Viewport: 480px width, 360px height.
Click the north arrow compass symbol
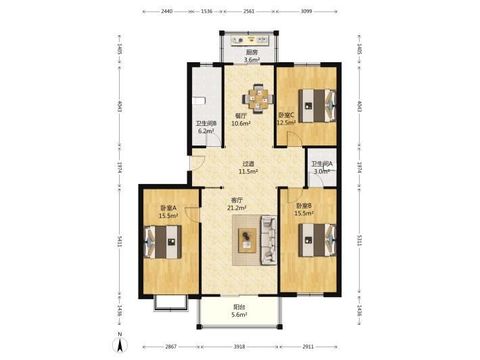point(120,345)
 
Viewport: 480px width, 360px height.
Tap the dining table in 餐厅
point(258,99)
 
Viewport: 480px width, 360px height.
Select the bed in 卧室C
point(317,106)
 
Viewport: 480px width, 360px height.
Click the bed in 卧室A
point(162,242)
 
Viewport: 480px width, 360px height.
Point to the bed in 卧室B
point(317,240)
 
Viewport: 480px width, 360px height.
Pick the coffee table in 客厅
point(247,240)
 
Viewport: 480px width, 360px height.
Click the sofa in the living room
point(269,240)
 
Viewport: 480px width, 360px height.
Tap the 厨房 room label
point(251,52)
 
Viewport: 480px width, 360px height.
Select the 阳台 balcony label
point(239,307)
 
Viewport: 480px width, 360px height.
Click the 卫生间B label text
point(206,123)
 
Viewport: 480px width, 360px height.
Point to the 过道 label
point(248,164)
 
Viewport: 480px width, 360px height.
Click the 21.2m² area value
point(237,208)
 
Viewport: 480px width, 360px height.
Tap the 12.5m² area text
point(286,123)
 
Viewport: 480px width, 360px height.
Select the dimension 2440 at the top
point(166,12)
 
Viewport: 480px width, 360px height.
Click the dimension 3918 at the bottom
point(239,347)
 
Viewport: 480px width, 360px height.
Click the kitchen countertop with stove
point(249,40)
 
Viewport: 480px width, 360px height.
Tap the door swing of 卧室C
point(294,139)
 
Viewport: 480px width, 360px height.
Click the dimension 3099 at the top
point(306,12)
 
